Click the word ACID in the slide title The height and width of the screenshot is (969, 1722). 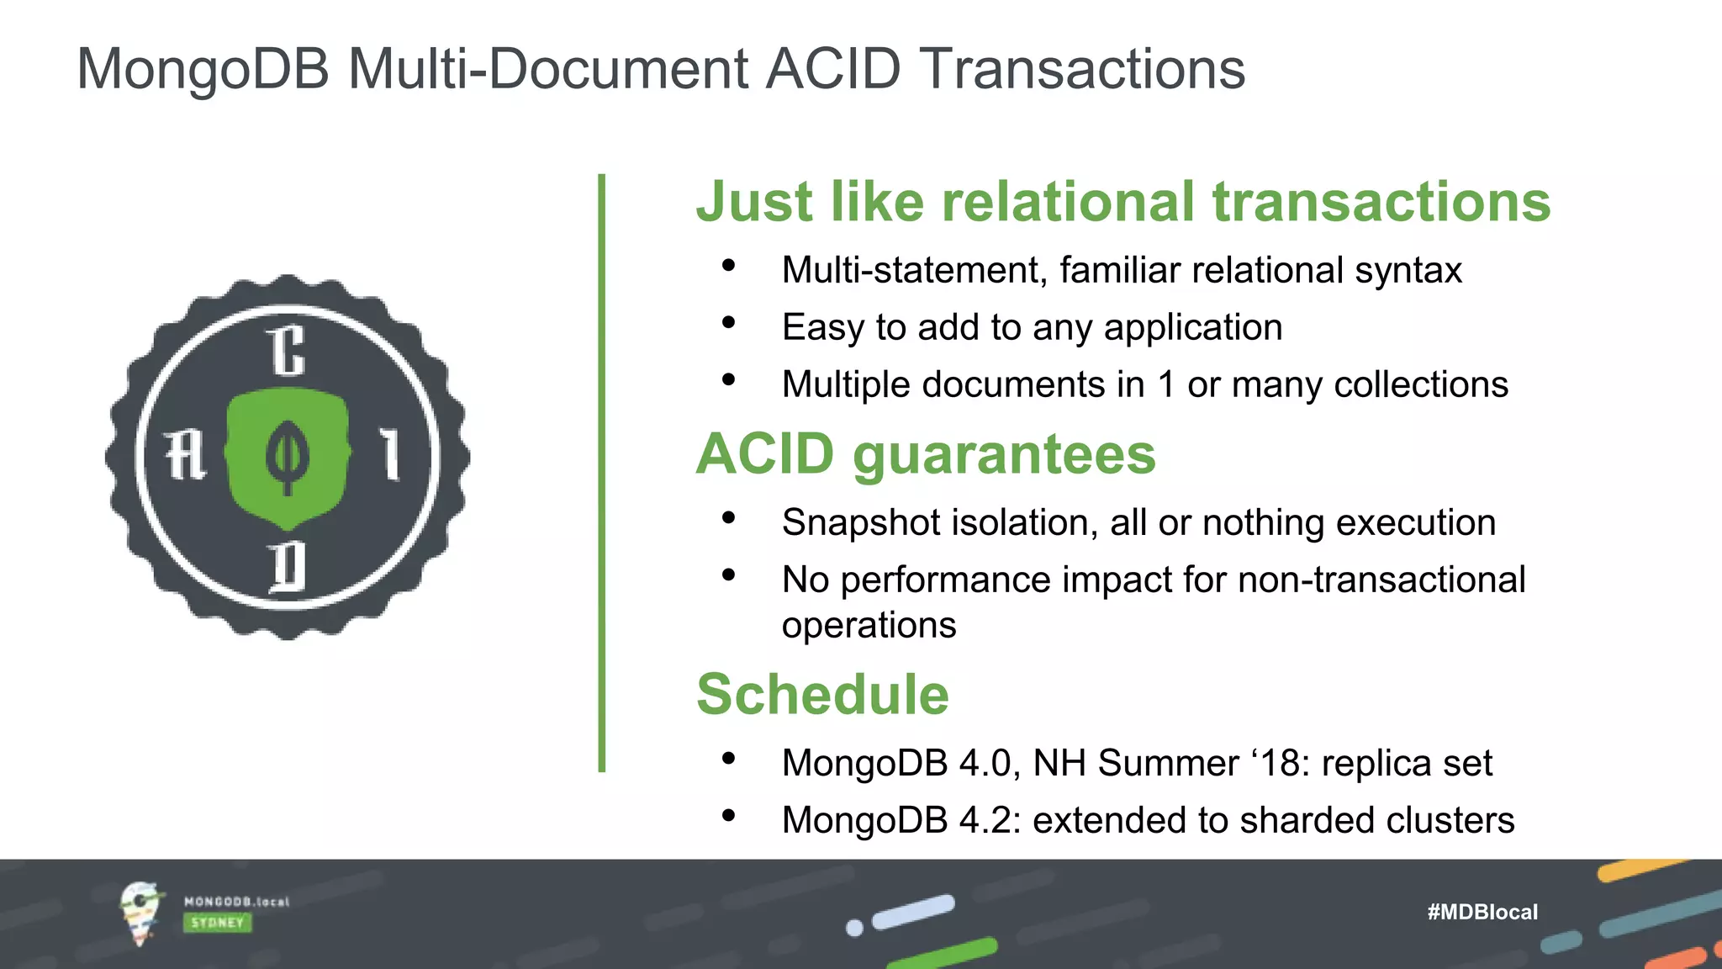(832, 69)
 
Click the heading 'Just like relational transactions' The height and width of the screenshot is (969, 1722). (1122, 202)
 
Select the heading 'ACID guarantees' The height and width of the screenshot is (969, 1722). (926, 454)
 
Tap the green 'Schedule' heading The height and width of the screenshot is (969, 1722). (822, 695)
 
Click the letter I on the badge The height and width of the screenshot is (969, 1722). (389, 454)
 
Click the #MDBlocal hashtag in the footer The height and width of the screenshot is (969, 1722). (1482, 912)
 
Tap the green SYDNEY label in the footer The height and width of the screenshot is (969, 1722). (217, 923)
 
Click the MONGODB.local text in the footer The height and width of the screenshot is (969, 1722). (236, 902)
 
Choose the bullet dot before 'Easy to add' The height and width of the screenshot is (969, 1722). (728, 323)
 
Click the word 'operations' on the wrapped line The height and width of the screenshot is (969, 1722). (869, 626)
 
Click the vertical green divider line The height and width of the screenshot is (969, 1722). (601, 471)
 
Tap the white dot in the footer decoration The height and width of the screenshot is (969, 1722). (854, 928)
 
